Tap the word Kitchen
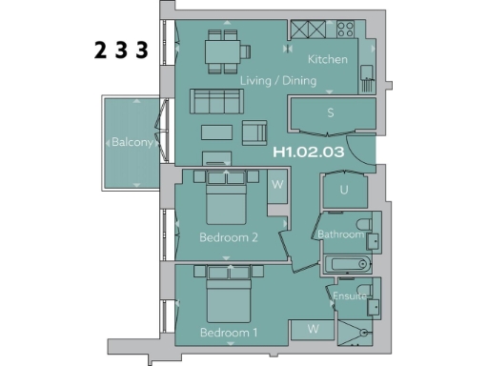(327, 59)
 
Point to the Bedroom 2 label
(229, 237)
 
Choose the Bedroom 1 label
(229, 333)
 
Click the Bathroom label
(340, 234)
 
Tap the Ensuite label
(350, 296)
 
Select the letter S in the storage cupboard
(330, 112)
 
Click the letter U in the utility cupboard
(343, 191)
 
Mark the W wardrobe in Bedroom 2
(277, 183)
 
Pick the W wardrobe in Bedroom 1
(313, 330)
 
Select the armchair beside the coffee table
(255, 132)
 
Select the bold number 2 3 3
(121, 51)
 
